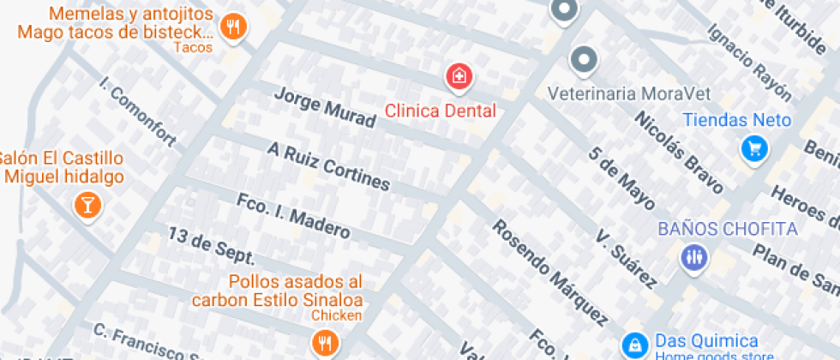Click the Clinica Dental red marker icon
pyautogui.click(x=459, y=77)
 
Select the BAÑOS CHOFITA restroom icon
pyautogui.click(x=693, y=255)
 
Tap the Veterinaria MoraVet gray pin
pyautogui.click(x=584, y=60)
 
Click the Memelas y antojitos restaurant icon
pyautogui.click(x=232, y=27)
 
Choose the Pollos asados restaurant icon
pyautogui.click(x=323, y=344)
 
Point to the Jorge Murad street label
pyautogui.click(x=324, y=107)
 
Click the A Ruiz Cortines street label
pyautogui.click(x=328, y=166)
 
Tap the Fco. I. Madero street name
pyautogui.click(x=292, y=215)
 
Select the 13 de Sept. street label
pyautogui.click(x=211, y=246)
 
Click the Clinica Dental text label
pyautogui.click(x=440, y=111)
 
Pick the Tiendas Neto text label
pyautogui.click(x=736, y=120)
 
